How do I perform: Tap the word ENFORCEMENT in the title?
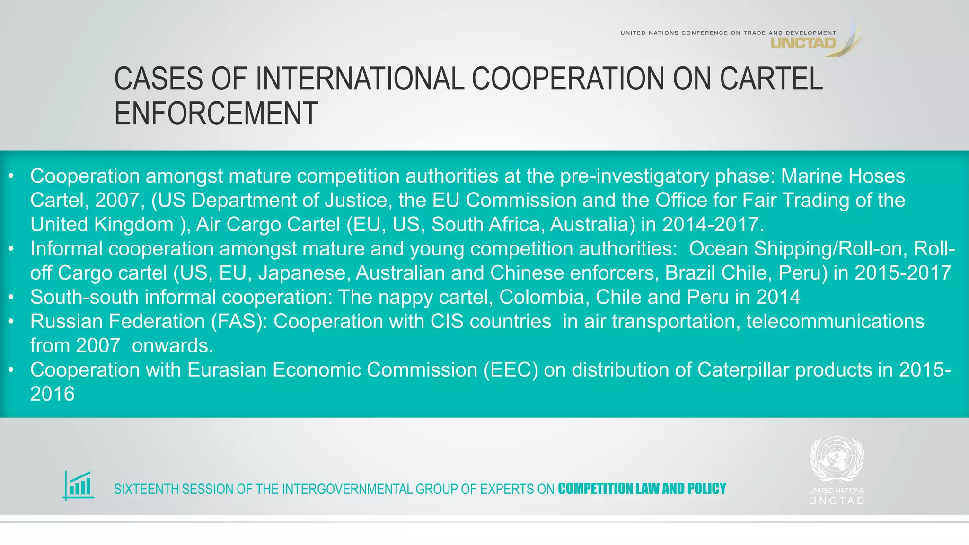pos(216,114)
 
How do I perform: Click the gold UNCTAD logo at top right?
pos(803,44)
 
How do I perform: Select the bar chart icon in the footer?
pos(79,485)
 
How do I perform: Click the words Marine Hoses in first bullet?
pos(843,176)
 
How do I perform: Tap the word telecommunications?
pos(835,322)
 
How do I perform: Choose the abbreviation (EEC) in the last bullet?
pos(511,370)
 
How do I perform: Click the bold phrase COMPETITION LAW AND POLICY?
pos(642,489)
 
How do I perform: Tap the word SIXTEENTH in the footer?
pos(146,489)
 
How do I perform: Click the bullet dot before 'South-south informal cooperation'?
pos(11,298)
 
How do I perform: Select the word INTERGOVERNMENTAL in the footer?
pos(347,489)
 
